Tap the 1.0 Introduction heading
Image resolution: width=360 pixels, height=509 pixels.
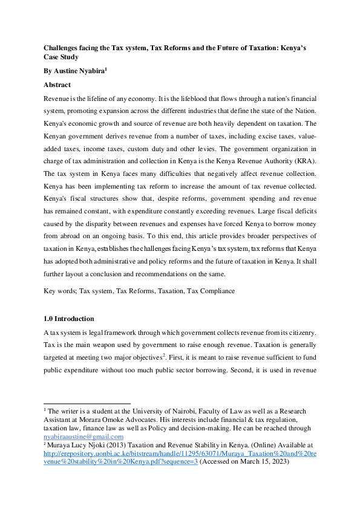[x=69, y=319]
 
